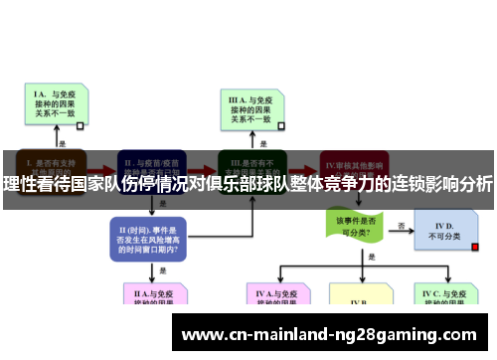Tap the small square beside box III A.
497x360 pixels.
281,126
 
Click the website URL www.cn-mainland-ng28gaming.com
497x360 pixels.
332,333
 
